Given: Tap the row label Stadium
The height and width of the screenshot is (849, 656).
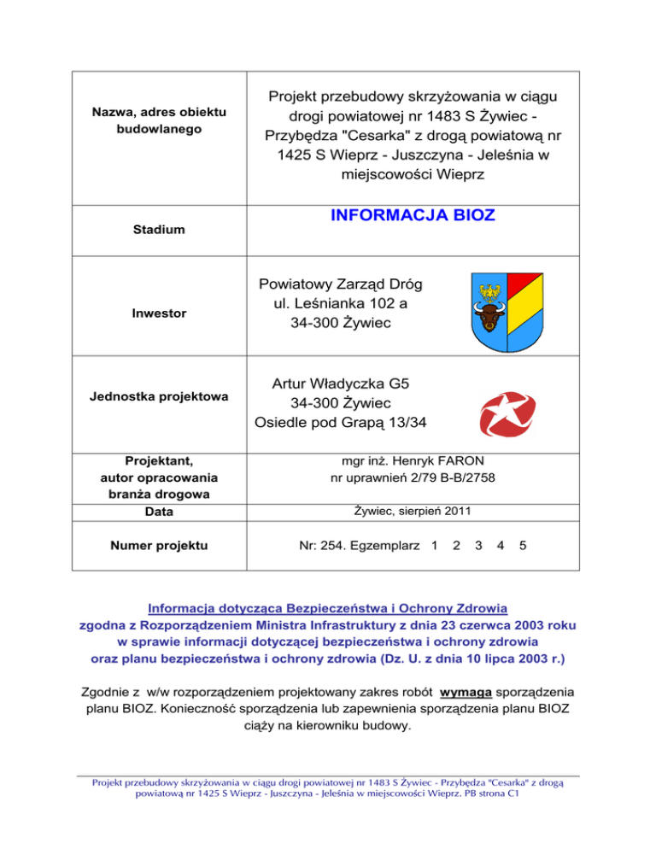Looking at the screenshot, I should [155, 230].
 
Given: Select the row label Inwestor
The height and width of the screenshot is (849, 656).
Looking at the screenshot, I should [155, 313].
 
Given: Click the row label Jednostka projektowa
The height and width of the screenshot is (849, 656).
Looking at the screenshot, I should [155, 397].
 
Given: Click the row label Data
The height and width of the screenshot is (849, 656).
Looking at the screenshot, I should [155, 512].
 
